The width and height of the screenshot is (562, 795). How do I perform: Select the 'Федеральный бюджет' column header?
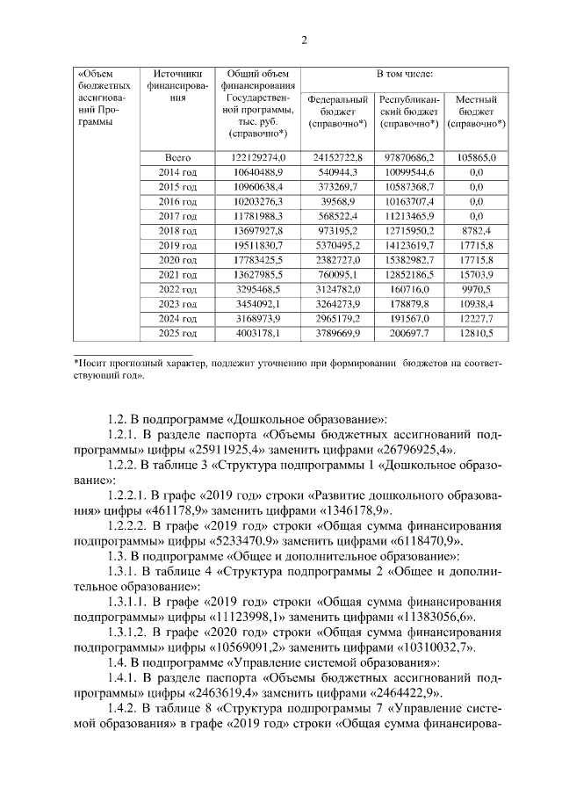pos(337,112)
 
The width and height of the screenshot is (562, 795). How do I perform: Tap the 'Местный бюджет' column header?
pos(476,112)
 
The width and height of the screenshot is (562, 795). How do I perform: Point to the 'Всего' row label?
pos(177,157)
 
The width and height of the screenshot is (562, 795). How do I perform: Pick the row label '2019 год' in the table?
pos(177,245)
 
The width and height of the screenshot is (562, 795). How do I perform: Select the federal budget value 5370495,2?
pos(337,245)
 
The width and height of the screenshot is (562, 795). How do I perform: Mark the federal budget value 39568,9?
pos(337,201)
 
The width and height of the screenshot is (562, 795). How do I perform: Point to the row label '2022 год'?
pos(177,289)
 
